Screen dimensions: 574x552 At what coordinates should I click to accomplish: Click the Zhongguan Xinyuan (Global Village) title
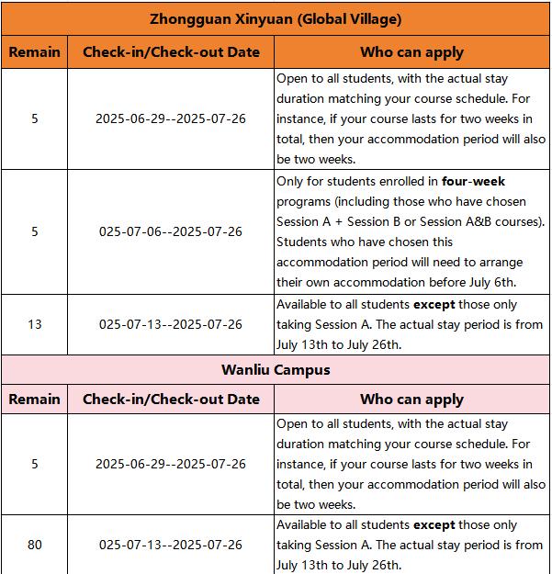pos(276,18)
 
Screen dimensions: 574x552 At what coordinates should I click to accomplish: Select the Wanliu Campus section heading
pos(276,370)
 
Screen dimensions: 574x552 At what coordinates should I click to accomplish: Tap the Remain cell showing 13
pos(35,324)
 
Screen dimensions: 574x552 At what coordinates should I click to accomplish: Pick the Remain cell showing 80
pos(35,545)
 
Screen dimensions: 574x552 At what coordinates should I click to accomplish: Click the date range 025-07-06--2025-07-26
pos(171,231)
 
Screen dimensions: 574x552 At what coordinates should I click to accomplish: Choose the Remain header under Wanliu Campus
pos(35,400)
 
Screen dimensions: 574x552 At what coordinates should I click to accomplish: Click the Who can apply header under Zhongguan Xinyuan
pos(411,52)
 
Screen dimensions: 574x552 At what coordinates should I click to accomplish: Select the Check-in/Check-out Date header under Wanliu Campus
pos(171,400)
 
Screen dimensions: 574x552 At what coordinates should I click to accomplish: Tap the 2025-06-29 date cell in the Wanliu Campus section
pos(171,464)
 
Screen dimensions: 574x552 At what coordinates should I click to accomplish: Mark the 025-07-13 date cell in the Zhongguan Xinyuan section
pos(171,324)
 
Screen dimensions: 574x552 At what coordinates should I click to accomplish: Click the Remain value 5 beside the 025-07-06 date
pos(35,231)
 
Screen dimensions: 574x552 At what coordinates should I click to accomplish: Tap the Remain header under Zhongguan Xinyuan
pos(35,52)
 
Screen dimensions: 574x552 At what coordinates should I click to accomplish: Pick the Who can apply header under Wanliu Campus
pos(411,400)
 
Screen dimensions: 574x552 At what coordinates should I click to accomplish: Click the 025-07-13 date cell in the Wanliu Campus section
pos(171,545)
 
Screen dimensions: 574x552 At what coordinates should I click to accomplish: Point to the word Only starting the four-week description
pos(291,182)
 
